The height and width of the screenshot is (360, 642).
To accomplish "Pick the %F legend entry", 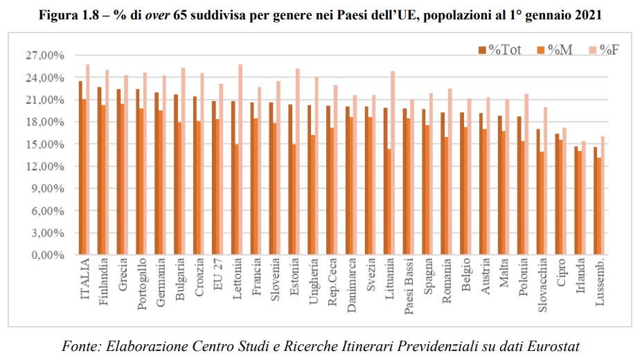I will click(x=608, y=49).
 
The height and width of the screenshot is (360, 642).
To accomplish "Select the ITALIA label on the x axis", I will click(x=85, y=280).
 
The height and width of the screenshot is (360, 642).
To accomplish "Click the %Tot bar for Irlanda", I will click(x=576, y=201).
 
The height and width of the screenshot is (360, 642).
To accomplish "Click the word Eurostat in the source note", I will click(x=555, y=346).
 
